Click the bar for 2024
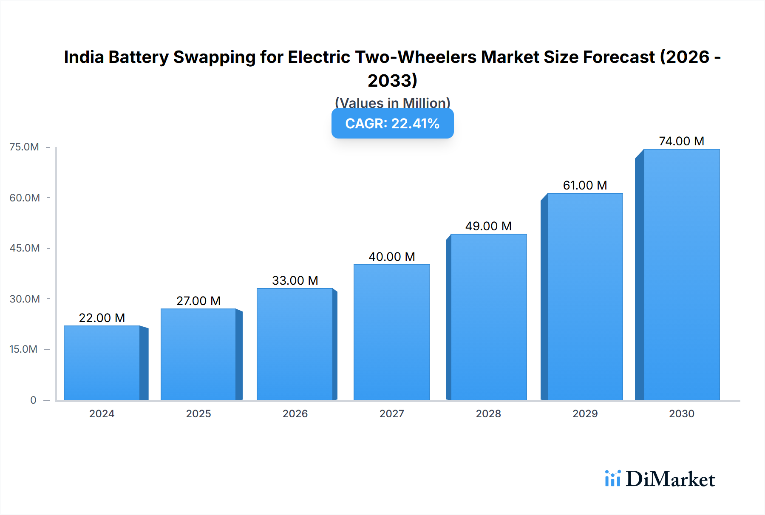pyautogui.click(x=102, y=363)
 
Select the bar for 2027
pyautogui.click(x=391, y=332)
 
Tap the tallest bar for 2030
pyautogui.click(x=681, y=274)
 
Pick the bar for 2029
pyautogui.click(x=585, y=297)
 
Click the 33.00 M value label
pyautogui.click(x=295, y=280)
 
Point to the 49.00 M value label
pyautogui.click(x=488, y=226)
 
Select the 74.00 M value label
pyautogui.click(x=681, y=141)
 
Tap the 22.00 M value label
pyautogui.click(x=102, y=318)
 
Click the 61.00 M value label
pyautogui.click(x=585, y=185)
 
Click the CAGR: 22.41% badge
pyautogui.click(x=392, y=124)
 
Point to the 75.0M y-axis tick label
pyautogui.click(x=24, y=147)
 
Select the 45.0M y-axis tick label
pyautogui.click(x=25, y=248)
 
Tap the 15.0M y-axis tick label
pyautogui.click(x=23, y=349)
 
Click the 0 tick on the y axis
pyautogui.click(x=33, y=400)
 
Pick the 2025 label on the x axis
pyautogui.click(x=198, y=414)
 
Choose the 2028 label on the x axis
pyautogui.click(x=488, y=414)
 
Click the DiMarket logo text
pyautogui.click(x=670, y=479)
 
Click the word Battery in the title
pyautogui.click(x=139, y=57)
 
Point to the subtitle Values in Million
pyautogui.click(x=392, y=103)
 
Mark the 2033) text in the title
pyautogui.click(x=392, y=81)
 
